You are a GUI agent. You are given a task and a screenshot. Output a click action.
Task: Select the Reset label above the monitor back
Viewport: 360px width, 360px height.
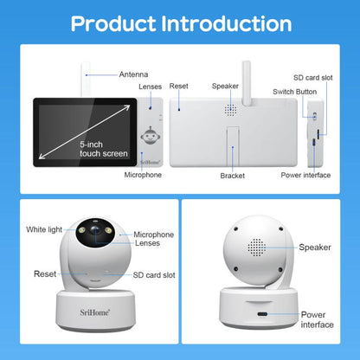click(x=179, y=87)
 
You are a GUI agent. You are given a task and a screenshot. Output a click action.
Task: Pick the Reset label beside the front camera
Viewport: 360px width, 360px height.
click(x=45, y=273)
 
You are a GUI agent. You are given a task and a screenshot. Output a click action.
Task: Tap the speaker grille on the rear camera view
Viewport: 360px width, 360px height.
click(x=256, y=247)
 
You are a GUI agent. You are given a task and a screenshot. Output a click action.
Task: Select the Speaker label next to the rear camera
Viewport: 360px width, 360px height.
click(x=315, y=247)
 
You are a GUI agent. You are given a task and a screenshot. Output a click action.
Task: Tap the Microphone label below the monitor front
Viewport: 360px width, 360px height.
click(x=142, y=175)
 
